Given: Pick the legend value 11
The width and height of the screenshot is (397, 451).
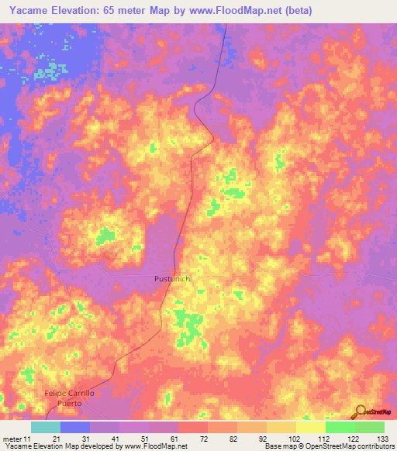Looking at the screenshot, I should (x=28, y=439).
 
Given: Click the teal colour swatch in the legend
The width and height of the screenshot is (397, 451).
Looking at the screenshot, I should (x=46, y=427).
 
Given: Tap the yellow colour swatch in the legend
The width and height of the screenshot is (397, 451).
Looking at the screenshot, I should (x=311, y=427).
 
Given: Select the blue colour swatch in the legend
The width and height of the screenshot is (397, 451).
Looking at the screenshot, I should (x=75, y=427).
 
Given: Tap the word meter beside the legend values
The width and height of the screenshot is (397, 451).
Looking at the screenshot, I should (x=12, y=439).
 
